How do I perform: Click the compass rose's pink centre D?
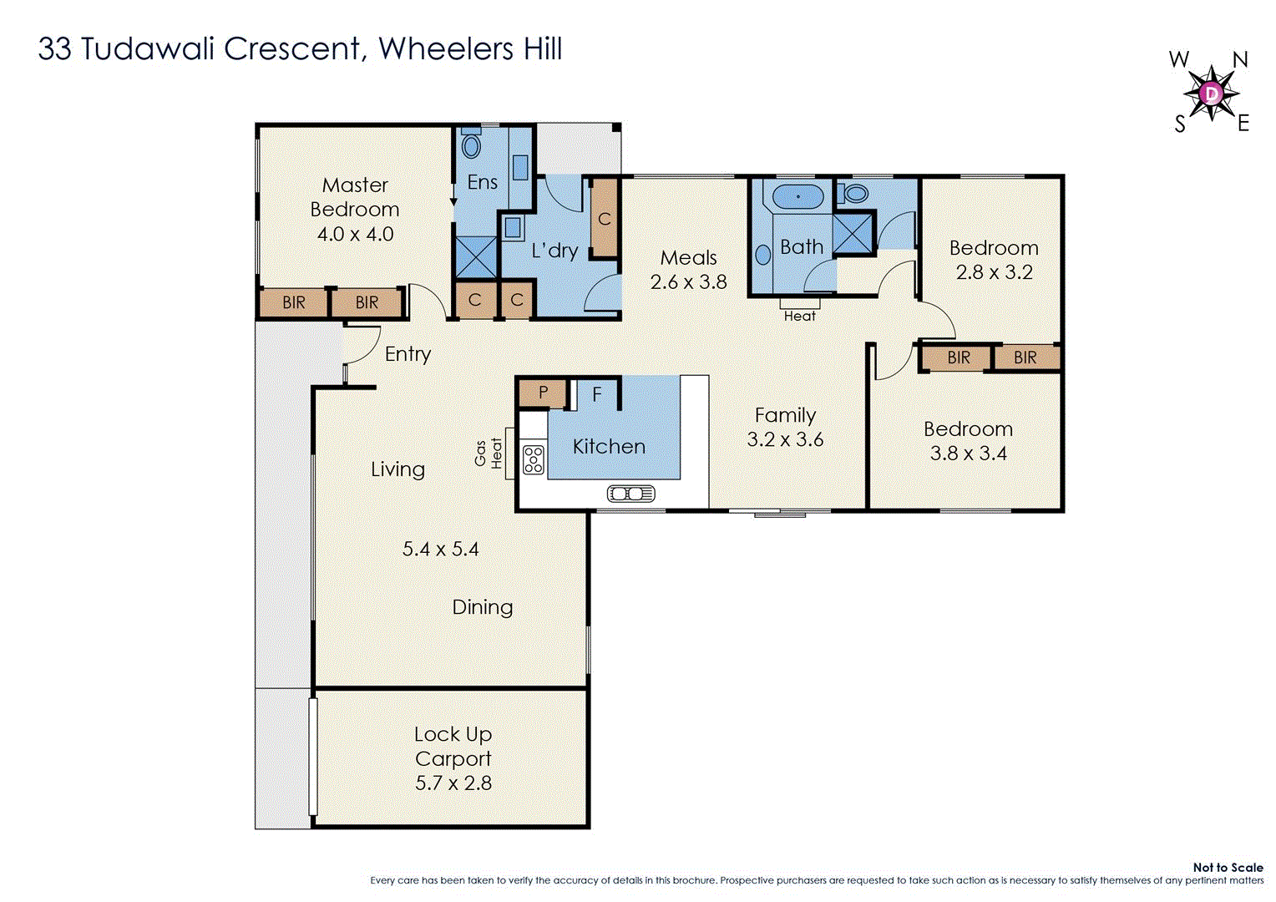(x=1212, y=93)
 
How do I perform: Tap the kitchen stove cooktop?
(x=533, y=459)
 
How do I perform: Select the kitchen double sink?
(x=631, y=494)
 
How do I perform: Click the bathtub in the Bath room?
(x=797, y=198)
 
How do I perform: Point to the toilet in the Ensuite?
(x=471, y=146)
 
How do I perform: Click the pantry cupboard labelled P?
(x=543, y=393)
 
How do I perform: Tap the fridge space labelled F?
(x=597, y=394)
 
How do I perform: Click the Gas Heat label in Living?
(x=489, y=454)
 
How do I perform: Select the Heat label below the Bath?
(x=799, y=316)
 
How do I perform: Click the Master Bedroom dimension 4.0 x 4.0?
(x=355, y=234)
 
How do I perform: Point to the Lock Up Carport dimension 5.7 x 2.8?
(x=453, y=783)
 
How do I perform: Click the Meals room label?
(x=689, y=258)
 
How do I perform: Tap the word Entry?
(x=408, y=354)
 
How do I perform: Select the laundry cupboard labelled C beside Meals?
(x=605, y=219)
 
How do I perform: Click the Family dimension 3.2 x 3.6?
(x=785, y=439)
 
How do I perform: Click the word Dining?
(x=483, y=607)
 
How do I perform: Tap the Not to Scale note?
(x=1228, y=868)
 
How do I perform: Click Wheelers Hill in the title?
(x=470, y=48)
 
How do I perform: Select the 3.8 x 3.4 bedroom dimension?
(x=969, y=454)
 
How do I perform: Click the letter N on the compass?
(x=1240, y=60)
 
